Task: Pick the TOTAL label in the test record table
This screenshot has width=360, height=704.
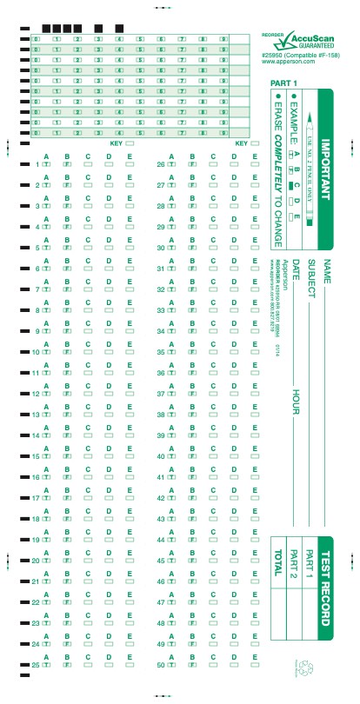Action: click(278, 588)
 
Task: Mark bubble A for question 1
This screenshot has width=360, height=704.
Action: click(46, 163)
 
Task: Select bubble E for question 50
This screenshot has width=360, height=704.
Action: click(255, 667)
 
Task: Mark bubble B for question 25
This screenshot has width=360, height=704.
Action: click(67, 667)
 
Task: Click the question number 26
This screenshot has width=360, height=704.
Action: click(161, 164)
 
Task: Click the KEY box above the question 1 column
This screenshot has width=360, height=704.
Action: click(130, 143)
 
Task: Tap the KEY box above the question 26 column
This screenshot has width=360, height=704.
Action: click(255, 143)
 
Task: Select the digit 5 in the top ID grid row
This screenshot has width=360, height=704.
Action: click(139, 39)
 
